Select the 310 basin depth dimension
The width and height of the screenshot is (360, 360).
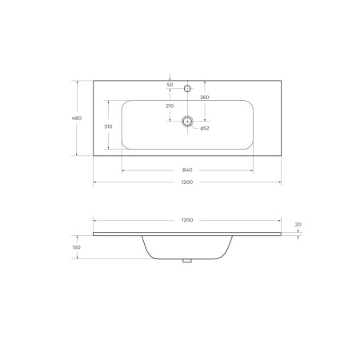(107, 126)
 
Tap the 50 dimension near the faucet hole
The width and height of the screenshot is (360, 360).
(170, 84)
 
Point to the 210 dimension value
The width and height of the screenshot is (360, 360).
(170, 106)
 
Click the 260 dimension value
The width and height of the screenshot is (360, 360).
(205, 98)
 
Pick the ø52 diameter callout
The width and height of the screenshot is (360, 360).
(205, 128)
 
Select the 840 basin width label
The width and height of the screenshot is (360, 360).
(187, 170)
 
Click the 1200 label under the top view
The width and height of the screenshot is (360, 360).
(187, 182)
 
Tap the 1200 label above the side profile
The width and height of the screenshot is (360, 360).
(187, 219)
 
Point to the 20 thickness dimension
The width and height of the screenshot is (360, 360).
(298, 225)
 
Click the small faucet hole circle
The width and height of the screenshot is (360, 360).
(187, 87)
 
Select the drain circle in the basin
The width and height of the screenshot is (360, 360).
(187, 122)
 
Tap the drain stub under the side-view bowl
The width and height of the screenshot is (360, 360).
(187, 260)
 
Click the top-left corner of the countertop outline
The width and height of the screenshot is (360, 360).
(94, 79)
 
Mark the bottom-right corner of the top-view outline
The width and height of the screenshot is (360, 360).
(282, 156)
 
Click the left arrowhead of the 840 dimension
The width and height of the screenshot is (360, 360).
(122, 170)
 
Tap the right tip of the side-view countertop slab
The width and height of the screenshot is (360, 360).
(281, 234)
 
